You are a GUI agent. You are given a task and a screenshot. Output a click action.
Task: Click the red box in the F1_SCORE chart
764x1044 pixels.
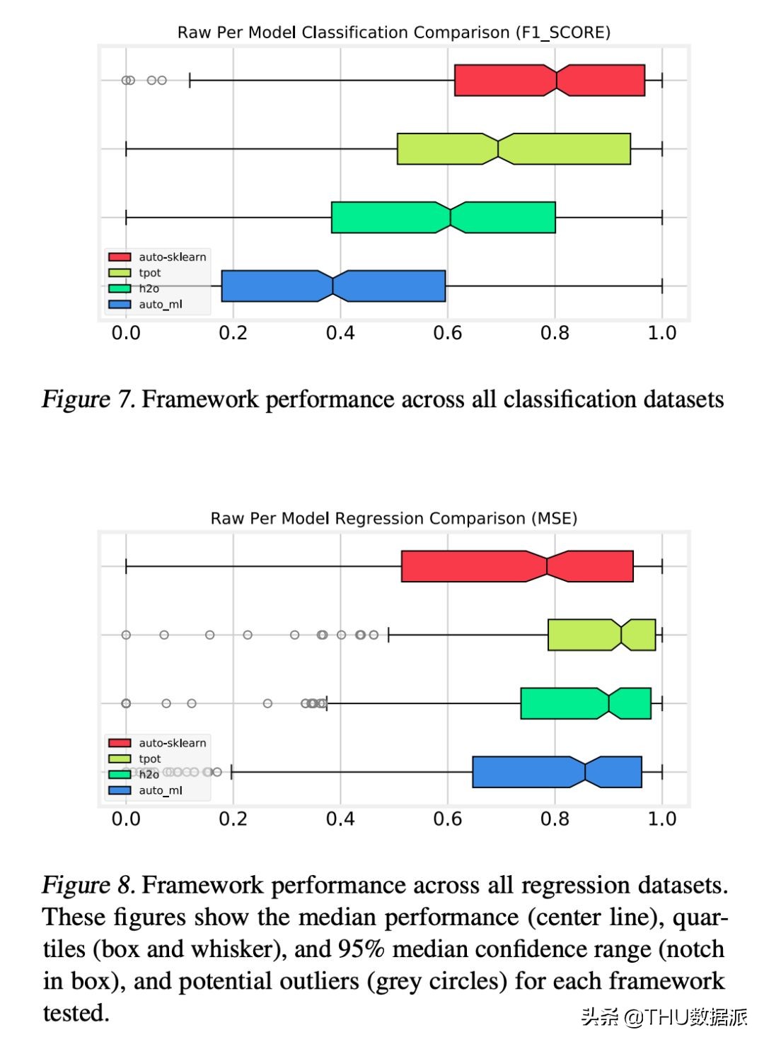pyautogui.click(x=549, y=80)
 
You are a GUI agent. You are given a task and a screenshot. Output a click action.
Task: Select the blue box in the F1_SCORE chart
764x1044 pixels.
pyautogui.click(x=333, y=286)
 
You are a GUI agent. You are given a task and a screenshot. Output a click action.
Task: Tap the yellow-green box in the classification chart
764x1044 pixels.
pyautogui.click(x=514, y=148)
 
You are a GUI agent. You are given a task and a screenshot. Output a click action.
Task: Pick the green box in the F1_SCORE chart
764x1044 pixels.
pyautogui.click(x=443, y=217)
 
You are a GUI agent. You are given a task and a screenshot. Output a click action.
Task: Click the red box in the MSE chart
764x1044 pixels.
pyautogui.click(x=517, y=566)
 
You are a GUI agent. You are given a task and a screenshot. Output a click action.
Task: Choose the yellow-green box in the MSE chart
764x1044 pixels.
pyautogui.click(x=601, y=635)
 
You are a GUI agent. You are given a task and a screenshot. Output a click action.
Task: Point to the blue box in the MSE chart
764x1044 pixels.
pyautogui.click(x=557, y=772)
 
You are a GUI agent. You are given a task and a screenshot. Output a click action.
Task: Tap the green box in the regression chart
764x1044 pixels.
pyautogui.click(x=586, y=703)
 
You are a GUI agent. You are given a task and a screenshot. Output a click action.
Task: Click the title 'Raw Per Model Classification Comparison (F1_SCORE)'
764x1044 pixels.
pyautogui.click(x=393, y=33)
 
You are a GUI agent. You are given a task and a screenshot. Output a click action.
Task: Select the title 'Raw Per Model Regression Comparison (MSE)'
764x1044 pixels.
pyautogui.click(x=393, y=519)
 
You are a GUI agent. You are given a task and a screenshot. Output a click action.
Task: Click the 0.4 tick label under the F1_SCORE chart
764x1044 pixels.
pyautogui.click(x=340, y=333)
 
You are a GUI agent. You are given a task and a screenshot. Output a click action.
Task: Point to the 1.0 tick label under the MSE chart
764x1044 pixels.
pyautogui.click(x=662, y=819)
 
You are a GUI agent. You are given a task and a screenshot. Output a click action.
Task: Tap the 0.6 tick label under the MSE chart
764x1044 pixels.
pyautogui.click(x=447, y=819)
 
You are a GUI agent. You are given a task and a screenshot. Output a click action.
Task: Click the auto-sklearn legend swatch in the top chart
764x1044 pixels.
pyautogui.click(x=120, y=257)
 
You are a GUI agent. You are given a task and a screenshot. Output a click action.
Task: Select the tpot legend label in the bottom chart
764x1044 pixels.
pyautogui.click(x=150, y=759)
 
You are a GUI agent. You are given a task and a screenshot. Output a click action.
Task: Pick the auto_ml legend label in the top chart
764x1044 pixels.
pyautogui.click(x=161, y=305)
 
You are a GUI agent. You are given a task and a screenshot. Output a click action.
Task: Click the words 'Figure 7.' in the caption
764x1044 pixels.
pyautogui.click(x=88, y=399)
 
